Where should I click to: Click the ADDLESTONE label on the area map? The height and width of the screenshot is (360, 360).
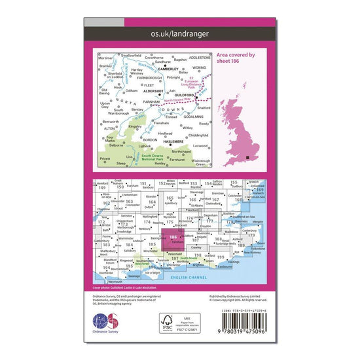pyautogui.click(x=200, y=58)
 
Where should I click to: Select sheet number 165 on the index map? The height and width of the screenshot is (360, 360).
pyautogui.click(x=170, y=198)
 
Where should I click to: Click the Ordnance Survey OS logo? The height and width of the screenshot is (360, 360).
pyautogui.click(x=107, y=324)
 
